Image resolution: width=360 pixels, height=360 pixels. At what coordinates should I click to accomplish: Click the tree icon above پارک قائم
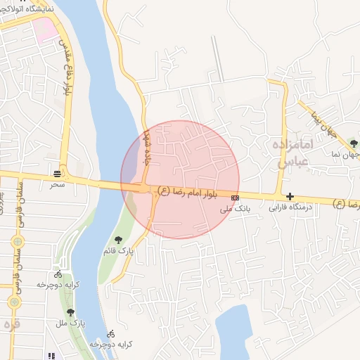tap(118, 239)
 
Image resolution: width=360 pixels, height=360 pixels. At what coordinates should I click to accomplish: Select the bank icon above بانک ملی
tap(234, 198)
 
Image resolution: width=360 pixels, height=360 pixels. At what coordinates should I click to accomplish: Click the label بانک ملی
tap(234, 209)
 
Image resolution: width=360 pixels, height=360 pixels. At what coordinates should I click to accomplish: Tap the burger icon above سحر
tap(57, 173)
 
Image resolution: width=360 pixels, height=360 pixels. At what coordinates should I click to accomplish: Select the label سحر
tap(56, 185)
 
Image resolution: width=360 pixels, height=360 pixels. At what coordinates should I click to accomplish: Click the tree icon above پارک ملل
tap(70, 311)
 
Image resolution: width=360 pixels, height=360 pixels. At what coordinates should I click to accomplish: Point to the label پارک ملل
tap(70, 323)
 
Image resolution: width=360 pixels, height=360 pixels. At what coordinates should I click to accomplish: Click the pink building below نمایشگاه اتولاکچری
tap(44, 29)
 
